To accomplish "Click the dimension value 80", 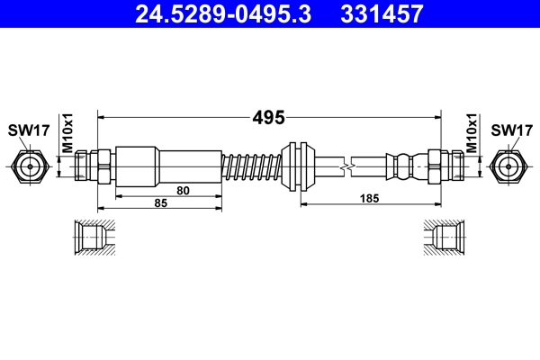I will tap(184, 190).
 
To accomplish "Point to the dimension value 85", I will tap(161, 204).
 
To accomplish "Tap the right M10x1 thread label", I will tap(472, 133).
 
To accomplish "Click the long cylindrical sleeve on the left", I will tap(168, 166).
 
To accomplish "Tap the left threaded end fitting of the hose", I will tap(93, 166).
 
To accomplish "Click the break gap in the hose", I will tap(350, 166).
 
